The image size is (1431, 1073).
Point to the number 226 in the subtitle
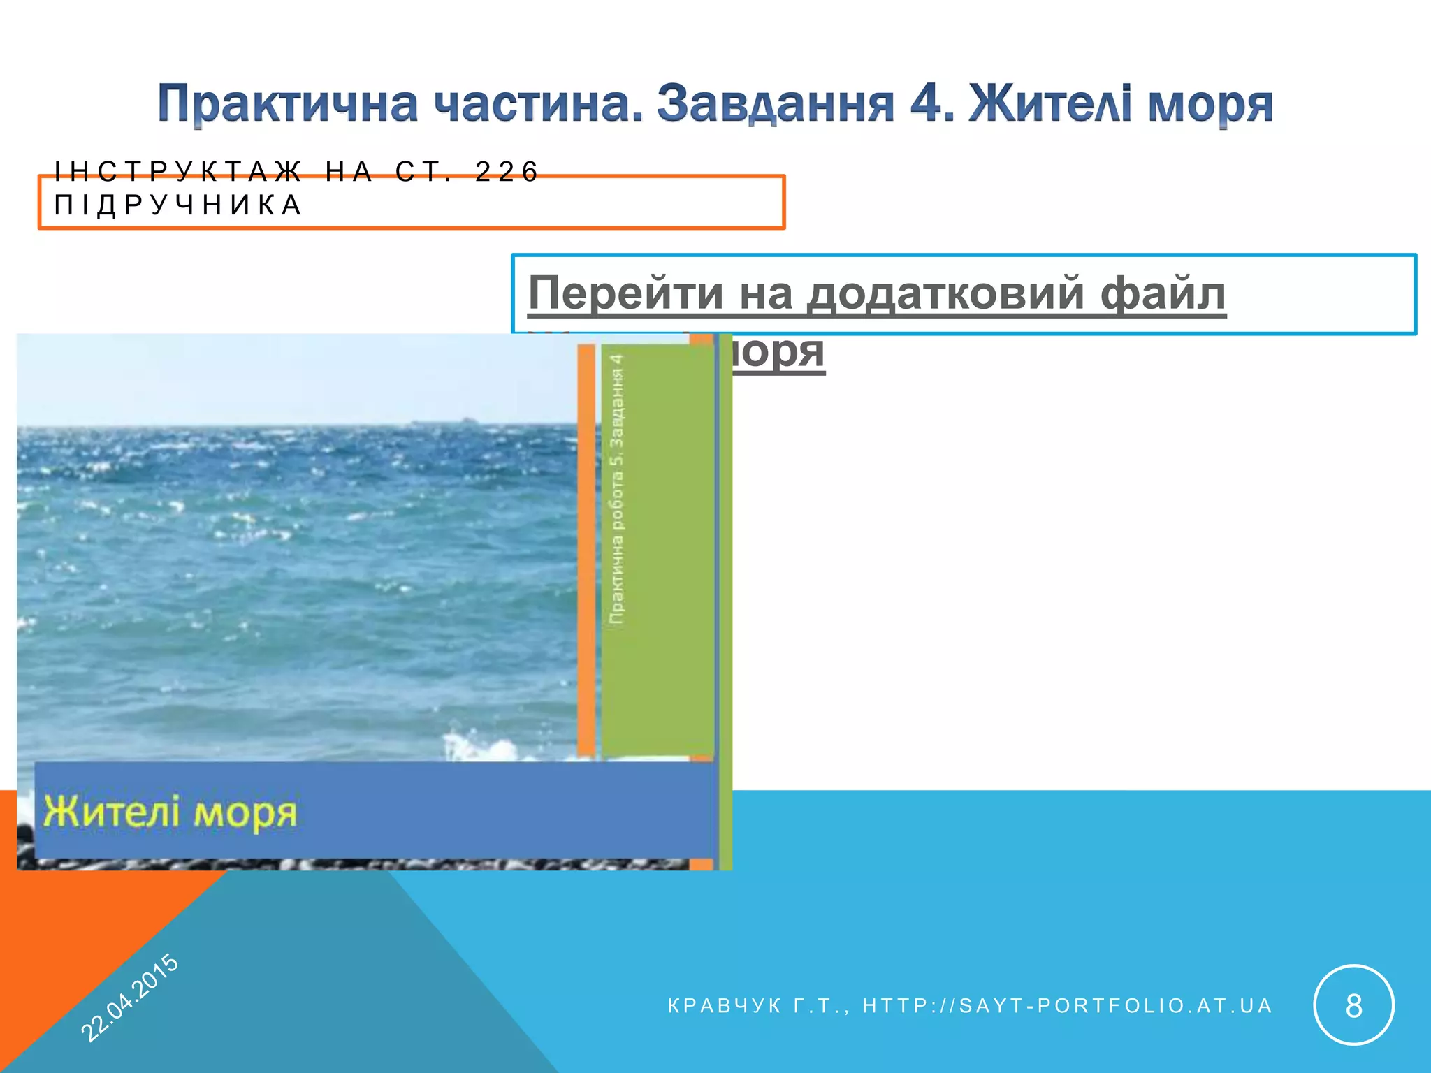click(507, 171)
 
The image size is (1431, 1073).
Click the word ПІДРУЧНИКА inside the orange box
click(178, 205)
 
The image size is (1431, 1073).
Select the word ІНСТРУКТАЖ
click(178, 171)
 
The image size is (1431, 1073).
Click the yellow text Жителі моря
click(170, 812)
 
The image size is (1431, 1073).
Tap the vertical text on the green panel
click(616, 489)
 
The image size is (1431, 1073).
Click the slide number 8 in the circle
click(1353, 1006)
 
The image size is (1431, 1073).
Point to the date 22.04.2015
click(130, 997)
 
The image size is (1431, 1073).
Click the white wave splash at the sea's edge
click(482, 746)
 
